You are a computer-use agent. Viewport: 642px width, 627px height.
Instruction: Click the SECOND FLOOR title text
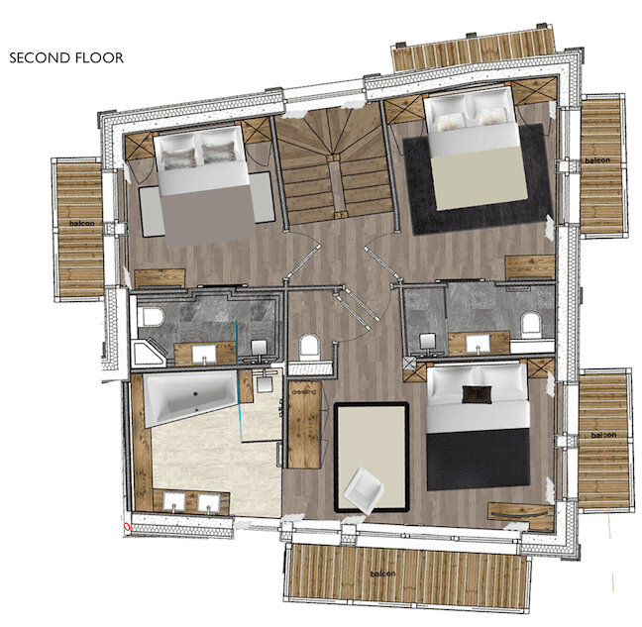point(66,58)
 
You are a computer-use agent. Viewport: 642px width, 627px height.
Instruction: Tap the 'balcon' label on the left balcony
point(80,224)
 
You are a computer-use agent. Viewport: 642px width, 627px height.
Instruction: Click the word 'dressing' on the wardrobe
point(303,392)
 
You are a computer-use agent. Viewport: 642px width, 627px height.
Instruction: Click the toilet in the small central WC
point(307,348)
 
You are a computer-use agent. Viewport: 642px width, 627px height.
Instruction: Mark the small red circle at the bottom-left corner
point(126,527)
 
